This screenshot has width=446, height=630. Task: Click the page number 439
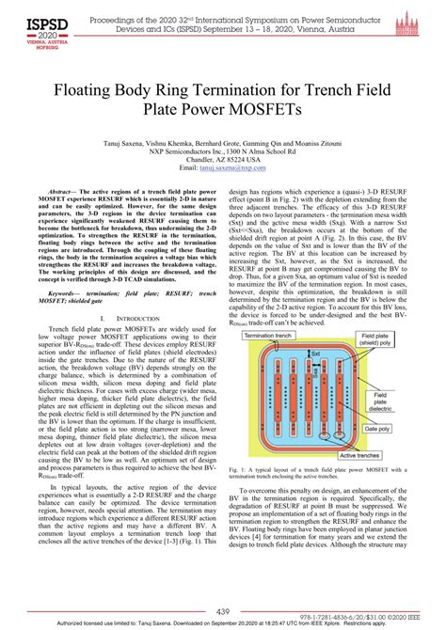(x=223, y=611)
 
